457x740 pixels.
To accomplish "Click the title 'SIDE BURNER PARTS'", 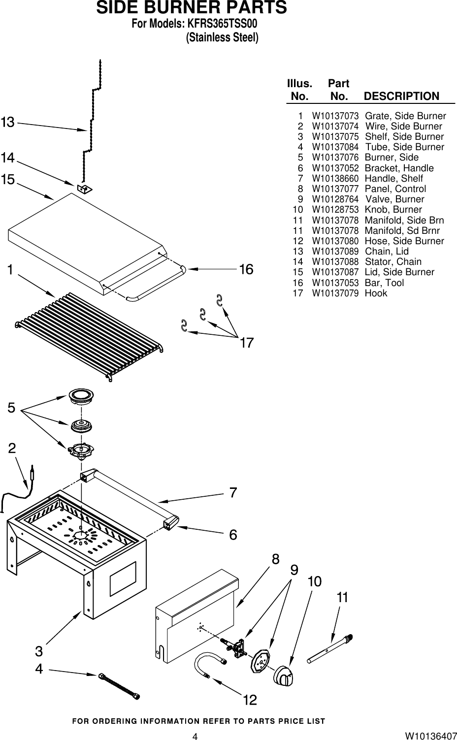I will click(191, 8).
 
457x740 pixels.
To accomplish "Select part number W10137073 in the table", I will click(335, 116).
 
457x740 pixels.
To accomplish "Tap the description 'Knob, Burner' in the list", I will click(393, 209).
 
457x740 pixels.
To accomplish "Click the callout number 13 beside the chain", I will click(8, 122).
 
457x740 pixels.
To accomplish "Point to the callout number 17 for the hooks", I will click(246, 343).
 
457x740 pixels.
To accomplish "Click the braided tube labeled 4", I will click(119, 685).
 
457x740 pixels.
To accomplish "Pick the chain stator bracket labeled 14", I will click(85, 189).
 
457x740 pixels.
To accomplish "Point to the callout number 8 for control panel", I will click(275, 559).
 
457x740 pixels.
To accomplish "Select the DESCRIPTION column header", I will click(401, 96).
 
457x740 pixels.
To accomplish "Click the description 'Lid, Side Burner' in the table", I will click(399, 272).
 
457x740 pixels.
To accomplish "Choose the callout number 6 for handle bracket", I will click(233, 534).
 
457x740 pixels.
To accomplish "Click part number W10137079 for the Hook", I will click(335, 293).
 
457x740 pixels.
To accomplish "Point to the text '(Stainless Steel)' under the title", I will click(222, 37).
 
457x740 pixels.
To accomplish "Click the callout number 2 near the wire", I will click(12, 448).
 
